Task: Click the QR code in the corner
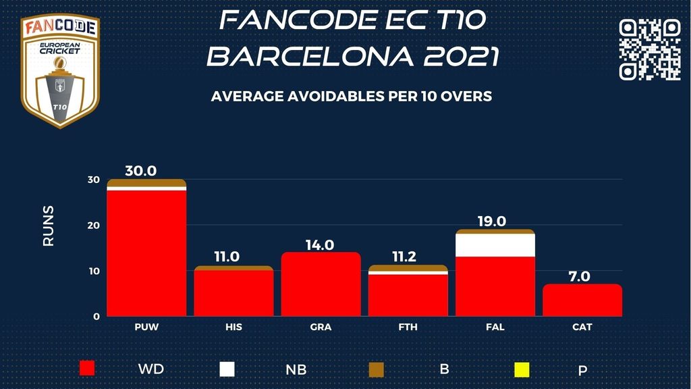[x=649, y=49]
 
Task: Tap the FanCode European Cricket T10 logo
[x=60, y=71]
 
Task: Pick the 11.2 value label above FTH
[x=408, y=257]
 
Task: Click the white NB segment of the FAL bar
[x=496, y=245]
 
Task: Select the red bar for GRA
[x=321, y=284]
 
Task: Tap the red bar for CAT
[x=582, y=300]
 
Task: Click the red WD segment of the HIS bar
[x=233, y=294]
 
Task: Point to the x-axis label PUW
[x=146, y=327]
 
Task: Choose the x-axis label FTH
[x=408, y=327]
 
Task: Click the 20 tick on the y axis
[x=94, y=226]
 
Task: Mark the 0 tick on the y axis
[x=96, y=316]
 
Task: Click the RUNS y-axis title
[x=49, y=226]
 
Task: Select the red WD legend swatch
[x=87, y=369]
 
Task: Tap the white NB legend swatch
[x=227, y=369]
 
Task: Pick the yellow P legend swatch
[x=522, y=369]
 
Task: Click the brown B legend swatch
[x=376, y=369]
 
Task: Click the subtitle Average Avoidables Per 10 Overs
[x=352, y=97]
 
